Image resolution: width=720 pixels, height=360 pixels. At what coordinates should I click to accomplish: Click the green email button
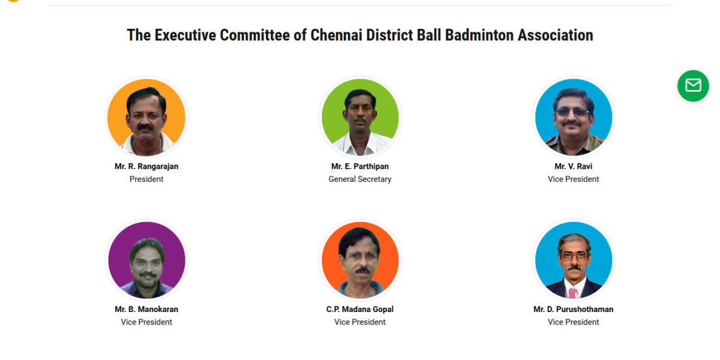point(693,86)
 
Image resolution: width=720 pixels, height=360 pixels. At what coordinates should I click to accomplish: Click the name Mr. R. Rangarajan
point(146,167)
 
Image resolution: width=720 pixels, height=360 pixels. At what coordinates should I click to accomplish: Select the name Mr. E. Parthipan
point(359,167)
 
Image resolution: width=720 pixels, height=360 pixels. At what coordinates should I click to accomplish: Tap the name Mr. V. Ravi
point(573,167)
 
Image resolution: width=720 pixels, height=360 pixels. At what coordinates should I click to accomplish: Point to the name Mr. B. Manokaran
point(146,309)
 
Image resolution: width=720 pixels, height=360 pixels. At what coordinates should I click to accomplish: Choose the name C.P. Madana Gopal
point(359,309)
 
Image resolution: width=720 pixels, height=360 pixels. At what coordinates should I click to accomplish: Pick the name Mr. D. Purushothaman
point(573,309)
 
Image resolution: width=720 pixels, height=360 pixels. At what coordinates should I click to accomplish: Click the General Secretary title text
point(359,179)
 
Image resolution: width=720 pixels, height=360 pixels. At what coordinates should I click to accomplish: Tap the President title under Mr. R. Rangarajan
point(146,179)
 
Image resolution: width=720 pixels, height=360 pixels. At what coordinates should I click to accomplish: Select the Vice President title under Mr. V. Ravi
point(573,179)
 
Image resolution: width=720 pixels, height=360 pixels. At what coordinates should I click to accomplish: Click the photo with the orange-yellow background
point(146,118)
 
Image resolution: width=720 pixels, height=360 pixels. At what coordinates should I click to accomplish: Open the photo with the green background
point(360,118)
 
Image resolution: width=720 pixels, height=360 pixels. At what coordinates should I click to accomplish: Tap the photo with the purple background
point(146,260)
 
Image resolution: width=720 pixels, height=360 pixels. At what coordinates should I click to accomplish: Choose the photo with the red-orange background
point(360,260)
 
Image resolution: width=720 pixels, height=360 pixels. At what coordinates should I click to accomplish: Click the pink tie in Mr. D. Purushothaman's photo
point(573,293)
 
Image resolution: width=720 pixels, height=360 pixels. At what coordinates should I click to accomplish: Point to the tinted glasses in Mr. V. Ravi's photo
point(572,113)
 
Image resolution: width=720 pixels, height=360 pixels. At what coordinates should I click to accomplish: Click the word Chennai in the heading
point(337,35)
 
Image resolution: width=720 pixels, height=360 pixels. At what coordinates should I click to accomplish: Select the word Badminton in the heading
point(479,35)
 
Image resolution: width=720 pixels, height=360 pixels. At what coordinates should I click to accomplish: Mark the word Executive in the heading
point(185,35)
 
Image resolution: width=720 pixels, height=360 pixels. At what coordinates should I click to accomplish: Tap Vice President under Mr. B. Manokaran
point(146,322)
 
